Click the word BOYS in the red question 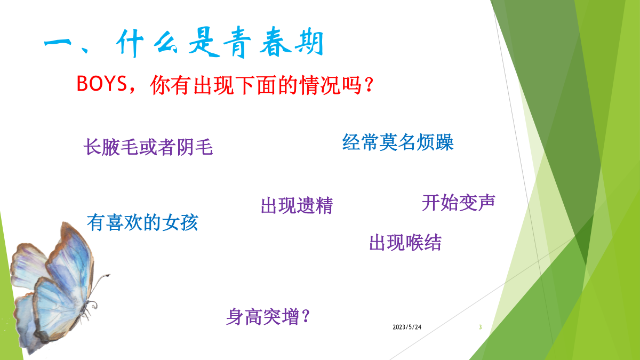pos(102,83)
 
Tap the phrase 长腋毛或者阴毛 pos(148,147)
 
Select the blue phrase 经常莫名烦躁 pos(398,142)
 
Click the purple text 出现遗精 pos(297,205)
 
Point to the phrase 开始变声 pos(459,203)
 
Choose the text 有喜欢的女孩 pos(142,222)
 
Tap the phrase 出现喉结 pos(405,243)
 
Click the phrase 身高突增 pos(262,317)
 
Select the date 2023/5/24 pos(407,327)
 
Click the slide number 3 pos(481,327)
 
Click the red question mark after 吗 pos(369,85)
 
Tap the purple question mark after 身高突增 pos(306,316)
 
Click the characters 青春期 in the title pos(274,42)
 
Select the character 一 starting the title pos(58,43)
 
